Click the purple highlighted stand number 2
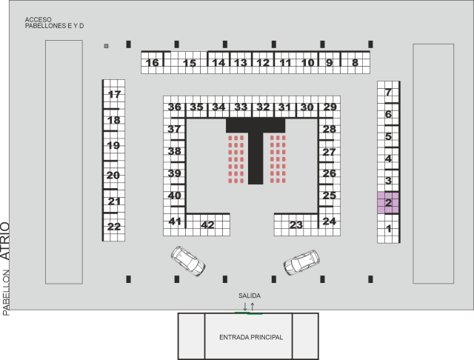[x=388, y=202]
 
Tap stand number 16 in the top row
[x=153, y=62]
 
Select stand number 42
[x=207, y=224]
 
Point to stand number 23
[x=296, y=224]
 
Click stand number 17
[x=114, y=94]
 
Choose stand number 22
[x=114, y=227]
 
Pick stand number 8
[x=355, y=62]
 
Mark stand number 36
[x=175, y=107]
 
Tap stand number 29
[x=330, y=107]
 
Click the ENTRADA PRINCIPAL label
[x=251, y=337]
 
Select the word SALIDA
[x=250, y=296]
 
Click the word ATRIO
[x=5, y=241]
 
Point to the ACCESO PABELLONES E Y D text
[x=54, y=23]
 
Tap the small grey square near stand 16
[x=106, y=46]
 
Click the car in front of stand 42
[x=188, y=261]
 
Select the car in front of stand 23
[x=301, y=262]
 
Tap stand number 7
[x=388, y=92]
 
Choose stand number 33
[x=241, y=107]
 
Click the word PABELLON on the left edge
[x=6, y=293]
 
